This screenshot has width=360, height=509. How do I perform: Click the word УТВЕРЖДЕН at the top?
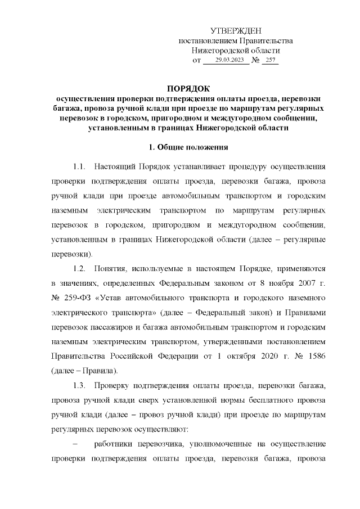click(x=236, y=30)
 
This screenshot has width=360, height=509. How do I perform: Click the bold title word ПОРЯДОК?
click(x=187, y=89)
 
